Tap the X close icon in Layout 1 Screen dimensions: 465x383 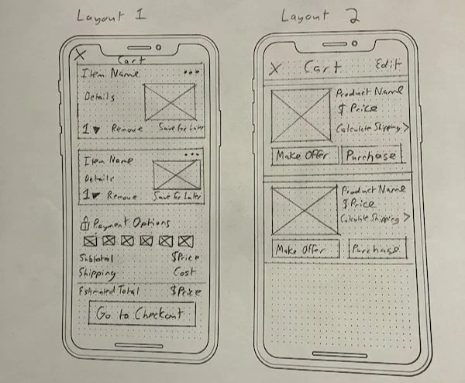tap(79, 55)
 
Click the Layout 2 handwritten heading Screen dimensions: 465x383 tap(315, 16)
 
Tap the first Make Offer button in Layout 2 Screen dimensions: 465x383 tap(304, 155)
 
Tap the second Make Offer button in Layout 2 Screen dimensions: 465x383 tap(306, 250)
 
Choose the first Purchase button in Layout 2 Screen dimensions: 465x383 tap(371, 155)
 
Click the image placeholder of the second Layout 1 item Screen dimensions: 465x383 tap(177, 174)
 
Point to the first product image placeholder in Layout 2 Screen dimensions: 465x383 tap(301, 116)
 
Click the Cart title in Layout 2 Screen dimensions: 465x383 tap(322, 67)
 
